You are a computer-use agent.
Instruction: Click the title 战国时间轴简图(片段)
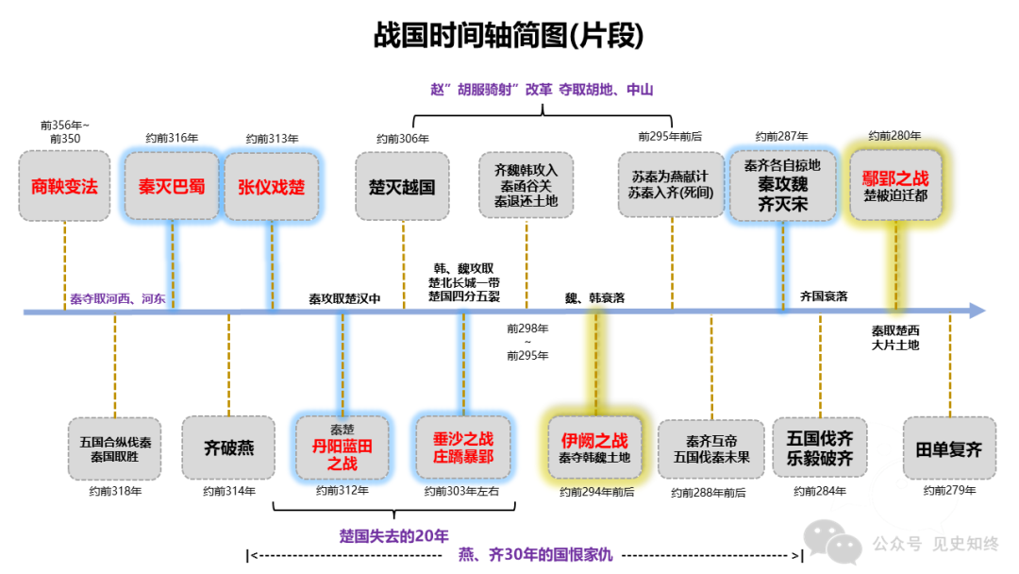pos(509,36)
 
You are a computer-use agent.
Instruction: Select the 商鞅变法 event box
pos(64,187)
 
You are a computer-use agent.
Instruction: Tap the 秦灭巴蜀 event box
pos(172,186)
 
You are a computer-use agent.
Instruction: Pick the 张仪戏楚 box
pos(271,186)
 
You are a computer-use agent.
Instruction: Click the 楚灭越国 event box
pos(402,186)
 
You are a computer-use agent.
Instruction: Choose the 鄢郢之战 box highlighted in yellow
pos(895,184)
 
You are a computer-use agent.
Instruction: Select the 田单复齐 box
pos(948,447)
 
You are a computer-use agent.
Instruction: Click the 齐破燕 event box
pos(228,447)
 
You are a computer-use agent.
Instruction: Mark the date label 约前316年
pos(172,138)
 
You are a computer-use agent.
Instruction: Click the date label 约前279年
pos(949,491)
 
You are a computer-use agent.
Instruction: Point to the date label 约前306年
pos(402,138)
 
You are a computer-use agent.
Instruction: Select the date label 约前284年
pos(819,491)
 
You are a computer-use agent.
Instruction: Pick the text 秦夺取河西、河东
pos(117,299)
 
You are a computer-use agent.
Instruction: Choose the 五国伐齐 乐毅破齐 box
pos(819,447)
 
